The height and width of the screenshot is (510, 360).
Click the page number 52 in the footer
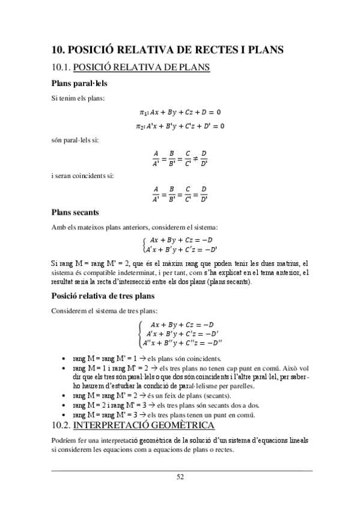(x=180, y=477)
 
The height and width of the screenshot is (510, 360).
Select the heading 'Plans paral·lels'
(x=80, y=84)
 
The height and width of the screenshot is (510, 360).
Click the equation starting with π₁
(x=180, y=112)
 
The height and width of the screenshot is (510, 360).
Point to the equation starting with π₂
(x=180, y=126)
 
